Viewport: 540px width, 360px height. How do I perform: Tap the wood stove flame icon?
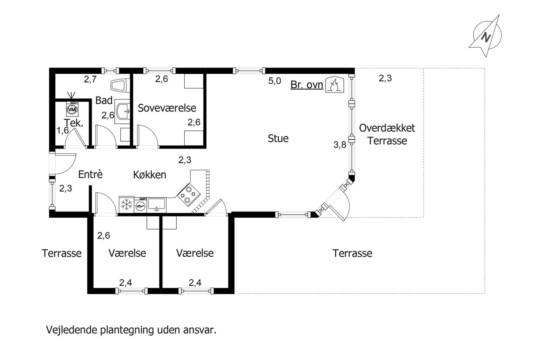[x=335, y=85]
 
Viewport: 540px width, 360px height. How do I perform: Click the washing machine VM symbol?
[x=72, y=109]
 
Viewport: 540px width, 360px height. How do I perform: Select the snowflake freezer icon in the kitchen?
[x=126, y=205]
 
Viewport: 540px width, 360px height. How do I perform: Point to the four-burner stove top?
[x=189, y=195]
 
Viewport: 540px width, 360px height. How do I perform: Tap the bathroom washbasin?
[x=123, y=111]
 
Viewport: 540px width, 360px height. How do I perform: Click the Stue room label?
[x=278, y=138]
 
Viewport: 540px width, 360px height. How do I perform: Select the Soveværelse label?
[x=167, y=108]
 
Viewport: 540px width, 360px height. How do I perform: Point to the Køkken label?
[x=150, y=175]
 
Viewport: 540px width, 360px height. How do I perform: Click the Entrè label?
[x=90, y=174]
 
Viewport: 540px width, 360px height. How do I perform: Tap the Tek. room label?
[x=73, y=123]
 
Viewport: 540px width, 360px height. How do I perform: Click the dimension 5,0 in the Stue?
[x=275, y=81]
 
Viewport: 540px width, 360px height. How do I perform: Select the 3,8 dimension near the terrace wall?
[x=340, y=145]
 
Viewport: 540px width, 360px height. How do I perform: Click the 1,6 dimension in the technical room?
[x=62, y=130]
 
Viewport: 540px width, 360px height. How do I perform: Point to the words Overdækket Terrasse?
[x=387, y=134]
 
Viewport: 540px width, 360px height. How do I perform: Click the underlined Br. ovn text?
[x=307, y=85]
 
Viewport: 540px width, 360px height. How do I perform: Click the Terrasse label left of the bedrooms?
[x=62, y=253]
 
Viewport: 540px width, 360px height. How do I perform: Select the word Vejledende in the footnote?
[x=72, y=330]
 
